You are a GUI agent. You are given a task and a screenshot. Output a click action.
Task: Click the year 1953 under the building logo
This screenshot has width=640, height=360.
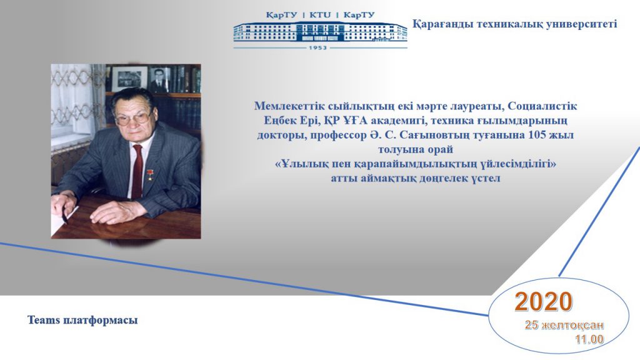318,47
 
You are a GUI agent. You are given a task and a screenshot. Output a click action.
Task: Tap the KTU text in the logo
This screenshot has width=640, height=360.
321,15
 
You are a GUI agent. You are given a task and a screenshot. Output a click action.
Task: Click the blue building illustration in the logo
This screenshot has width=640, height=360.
321,31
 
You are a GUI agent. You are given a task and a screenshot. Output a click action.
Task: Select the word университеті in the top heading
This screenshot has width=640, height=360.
582,24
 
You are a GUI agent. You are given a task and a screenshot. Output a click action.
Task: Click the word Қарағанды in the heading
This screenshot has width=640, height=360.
442,24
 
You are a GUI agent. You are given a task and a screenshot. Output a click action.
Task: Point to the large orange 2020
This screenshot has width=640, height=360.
543,302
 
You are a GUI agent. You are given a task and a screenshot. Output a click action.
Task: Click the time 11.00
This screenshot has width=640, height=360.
589,339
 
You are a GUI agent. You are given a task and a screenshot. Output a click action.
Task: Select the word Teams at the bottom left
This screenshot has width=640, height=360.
44,320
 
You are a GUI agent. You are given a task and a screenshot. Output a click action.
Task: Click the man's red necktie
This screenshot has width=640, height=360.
137,171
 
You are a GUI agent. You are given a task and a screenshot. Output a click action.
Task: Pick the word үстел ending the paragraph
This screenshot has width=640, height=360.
485,178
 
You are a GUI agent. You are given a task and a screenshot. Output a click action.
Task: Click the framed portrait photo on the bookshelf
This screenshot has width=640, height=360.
159,79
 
